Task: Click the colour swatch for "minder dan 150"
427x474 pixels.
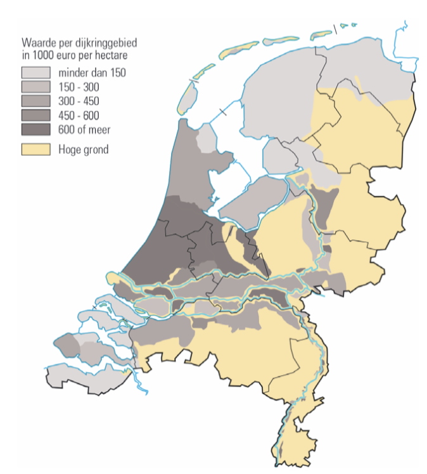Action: [x=35, y=73]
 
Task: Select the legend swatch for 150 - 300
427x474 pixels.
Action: [x=35, y=87]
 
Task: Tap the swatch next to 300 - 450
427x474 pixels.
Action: [x=35, y=101]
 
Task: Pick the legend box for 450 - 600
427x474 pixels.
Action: [x=35, y=115]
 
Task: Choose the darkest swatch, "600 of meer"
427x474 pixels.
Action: [x=35, y=129]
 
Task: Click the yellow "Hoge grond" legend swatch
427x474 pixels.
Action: [x=35, y=150]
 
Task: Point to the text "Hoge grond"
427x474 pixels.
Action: [x=84, y=150]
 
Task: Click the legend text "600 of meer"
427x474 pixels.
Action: [x=84, y=130]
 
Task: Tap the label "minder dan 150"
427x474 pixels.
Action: [x=92, y=73]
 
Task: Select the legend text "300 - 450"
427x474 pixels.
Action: [x=79, y=101]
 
